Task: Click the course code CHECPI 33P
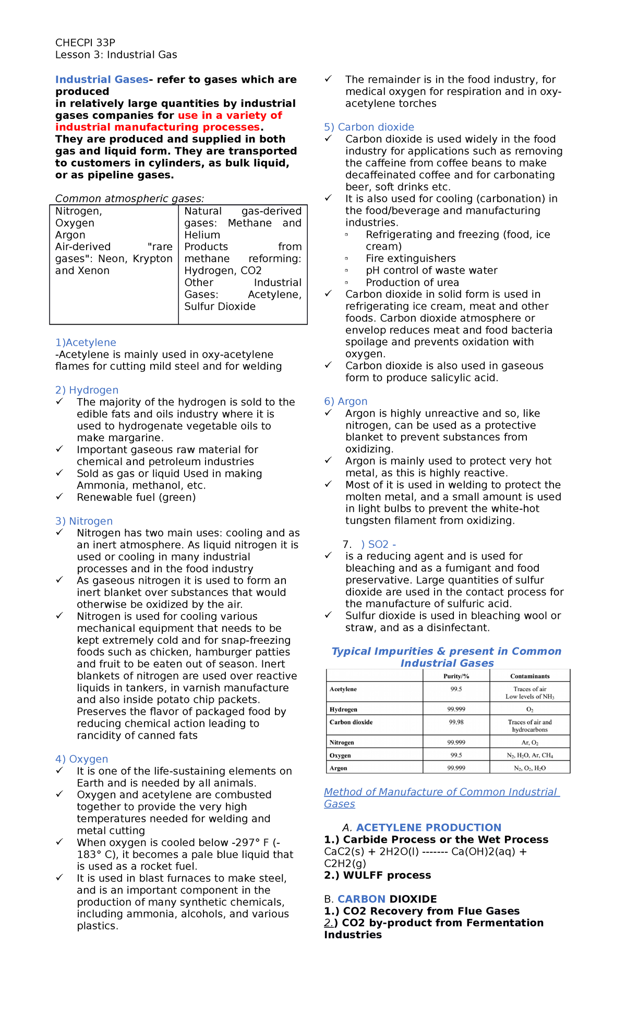click(85, 43)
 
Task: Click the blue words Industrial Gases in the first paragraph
click(102, 80)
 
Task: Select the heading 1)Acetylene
click(86, 342)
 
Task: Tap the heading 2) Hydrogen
click(87, 390)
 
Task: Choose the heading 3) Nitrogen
click(84, 521)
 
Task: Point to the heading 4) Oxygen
click(82, 759)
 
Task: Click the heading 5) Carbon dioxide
click(369, 127)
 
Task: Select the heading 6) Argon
click(345, 401)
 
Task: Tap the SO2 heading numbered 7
click(378, 544)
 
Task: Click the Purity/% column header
click(456, 676)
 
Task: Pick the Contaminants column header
click(529, 676)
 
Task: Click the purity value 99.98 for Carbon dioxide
click(456, 722)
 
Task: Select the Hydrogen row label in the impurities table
click(343, 709)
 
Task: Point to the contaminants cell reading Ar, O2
click(529, 742)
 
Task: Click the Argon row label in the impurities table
click(338, 768)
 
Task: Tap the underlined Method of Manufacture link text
click(441, 792)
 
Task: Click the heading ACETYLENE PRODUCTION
click(428, 828)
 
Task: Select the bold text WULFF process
click(387, 875)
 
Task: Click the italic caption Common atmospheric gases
click(129, 199)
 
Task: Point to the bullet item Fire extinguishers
click(411, 259)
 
